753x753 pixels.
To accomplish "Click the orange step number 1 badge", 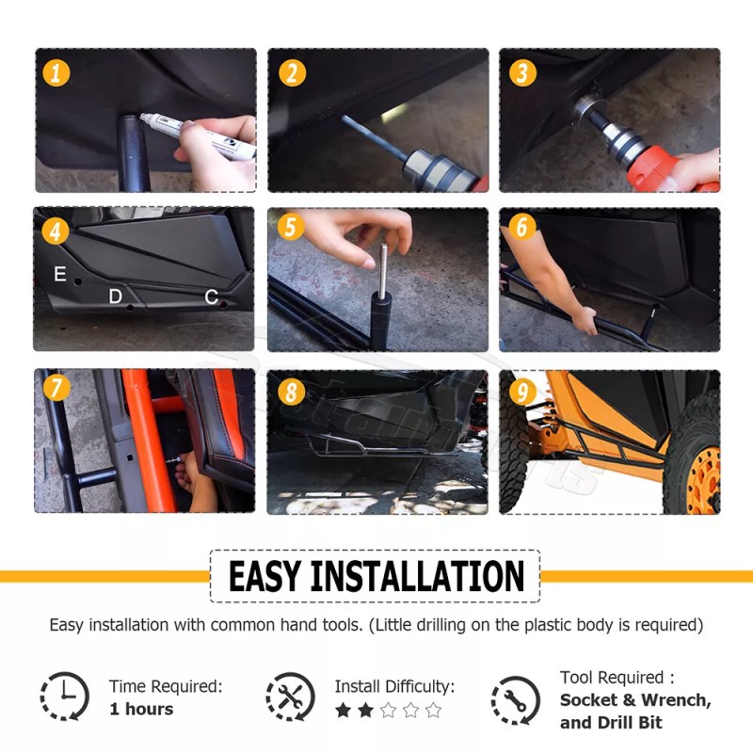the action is [56, 73].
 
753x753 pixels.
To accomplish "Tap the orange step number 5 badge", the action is [291, 227].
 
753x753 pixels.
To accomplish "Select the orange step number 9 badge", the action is [522, 392].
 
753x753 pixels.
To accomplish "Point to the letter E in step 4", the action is [60, 273].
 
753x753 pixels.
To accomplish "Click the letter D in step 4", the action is [115, 296].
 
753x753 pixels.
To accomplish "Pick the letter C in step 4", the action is [211, 296].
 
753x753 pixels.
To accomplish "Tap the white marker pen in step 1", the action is [198, 136].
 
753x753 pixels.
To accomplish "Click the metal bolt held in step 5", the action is [383, 271].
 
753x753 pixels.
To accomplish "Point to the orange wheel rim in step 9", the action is [703, 479].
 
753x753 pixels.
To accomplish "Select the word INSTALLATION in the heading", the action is [417, 576].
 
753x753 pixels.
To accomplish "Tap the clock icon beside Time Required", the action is [64, 696].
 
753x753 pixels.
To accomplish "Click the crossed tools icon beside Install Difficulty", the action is [290, 696].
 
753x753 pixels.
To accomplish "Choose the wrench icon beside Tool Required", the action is [515, 700].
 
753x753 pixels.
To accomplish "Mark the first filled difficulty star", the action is [343, 710].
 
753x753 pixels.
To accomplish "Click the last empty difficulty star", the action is [433, 710].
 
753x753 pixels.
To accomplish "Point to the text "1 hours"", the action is [142, 709].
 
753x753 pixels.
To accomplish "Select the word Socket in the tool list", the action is [589, 699].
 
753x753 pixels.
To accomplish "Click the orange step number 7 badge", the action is [56, 387].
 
